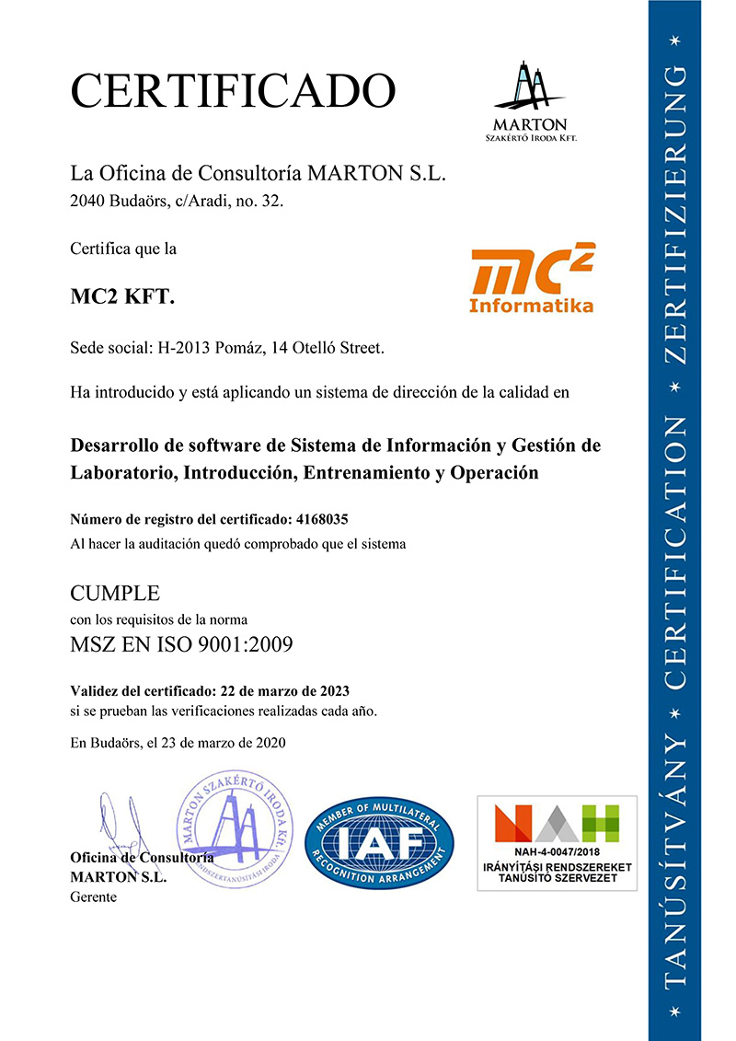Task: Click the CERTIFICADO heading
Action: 233,91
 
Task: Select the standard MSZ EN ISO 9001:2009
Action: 181,643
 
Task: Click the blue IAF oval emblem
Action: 379,841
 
